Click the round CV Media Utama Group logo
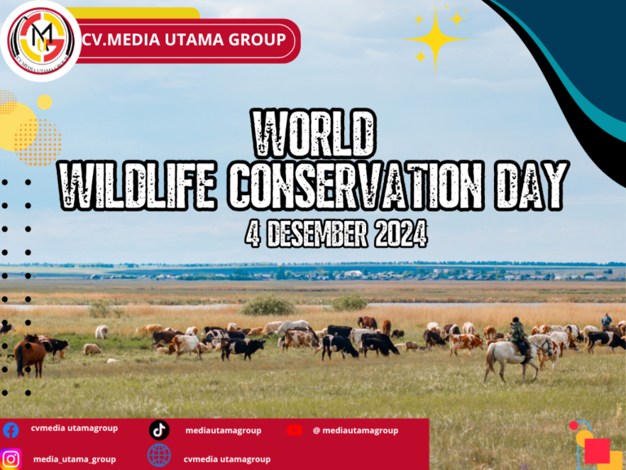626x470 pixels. (41, 41)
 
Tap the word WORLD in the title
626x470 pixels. (314, 134)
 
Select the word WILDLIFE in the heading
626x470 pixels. (138, 185)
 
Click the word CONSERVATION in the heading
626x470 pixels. (355, 185)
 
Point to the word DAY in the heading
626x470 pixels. (531, 185)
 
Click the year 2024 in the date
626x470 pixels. (401, 233)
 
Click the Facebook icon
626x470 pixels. (11, 431)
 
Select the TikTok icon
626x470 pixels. (159, 431)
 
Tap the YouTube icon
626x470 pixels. (294, 430)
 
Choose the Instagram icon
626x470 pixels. (11, 459)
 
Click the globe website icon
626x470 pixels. (159, 455)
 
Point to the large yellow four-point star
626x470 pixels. (435, 39)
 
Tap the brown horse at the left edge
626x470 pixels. (29, 356)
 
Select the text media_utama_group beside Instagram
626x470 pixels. (75, 459)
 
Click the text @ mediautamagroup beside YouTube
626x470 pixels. (355, 431)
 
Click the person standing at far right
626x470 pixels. (606, 321)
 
